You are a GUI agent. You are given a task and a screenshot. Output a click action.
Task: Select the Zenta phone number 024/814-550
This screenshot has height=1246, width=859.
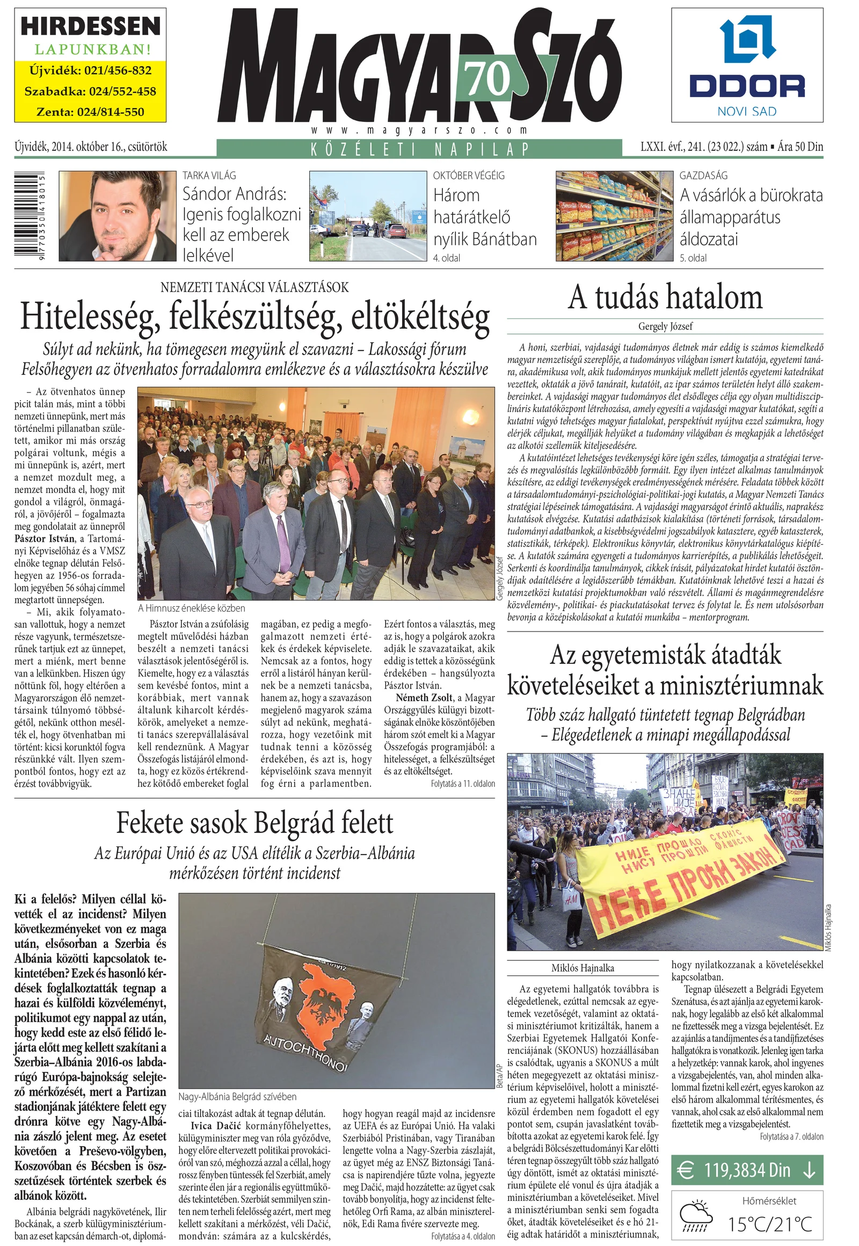90,112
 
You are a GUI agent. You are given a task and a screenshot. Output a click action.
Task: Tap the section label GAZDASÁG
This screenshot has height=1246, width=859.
703,176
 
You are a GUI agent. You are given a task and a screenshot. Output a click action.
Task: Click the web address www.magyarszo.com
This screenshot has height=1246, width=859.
419,130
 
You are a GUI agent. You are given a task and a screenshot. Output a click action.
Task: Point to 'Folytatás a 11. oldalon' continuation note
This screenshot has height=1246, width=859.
462,784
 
